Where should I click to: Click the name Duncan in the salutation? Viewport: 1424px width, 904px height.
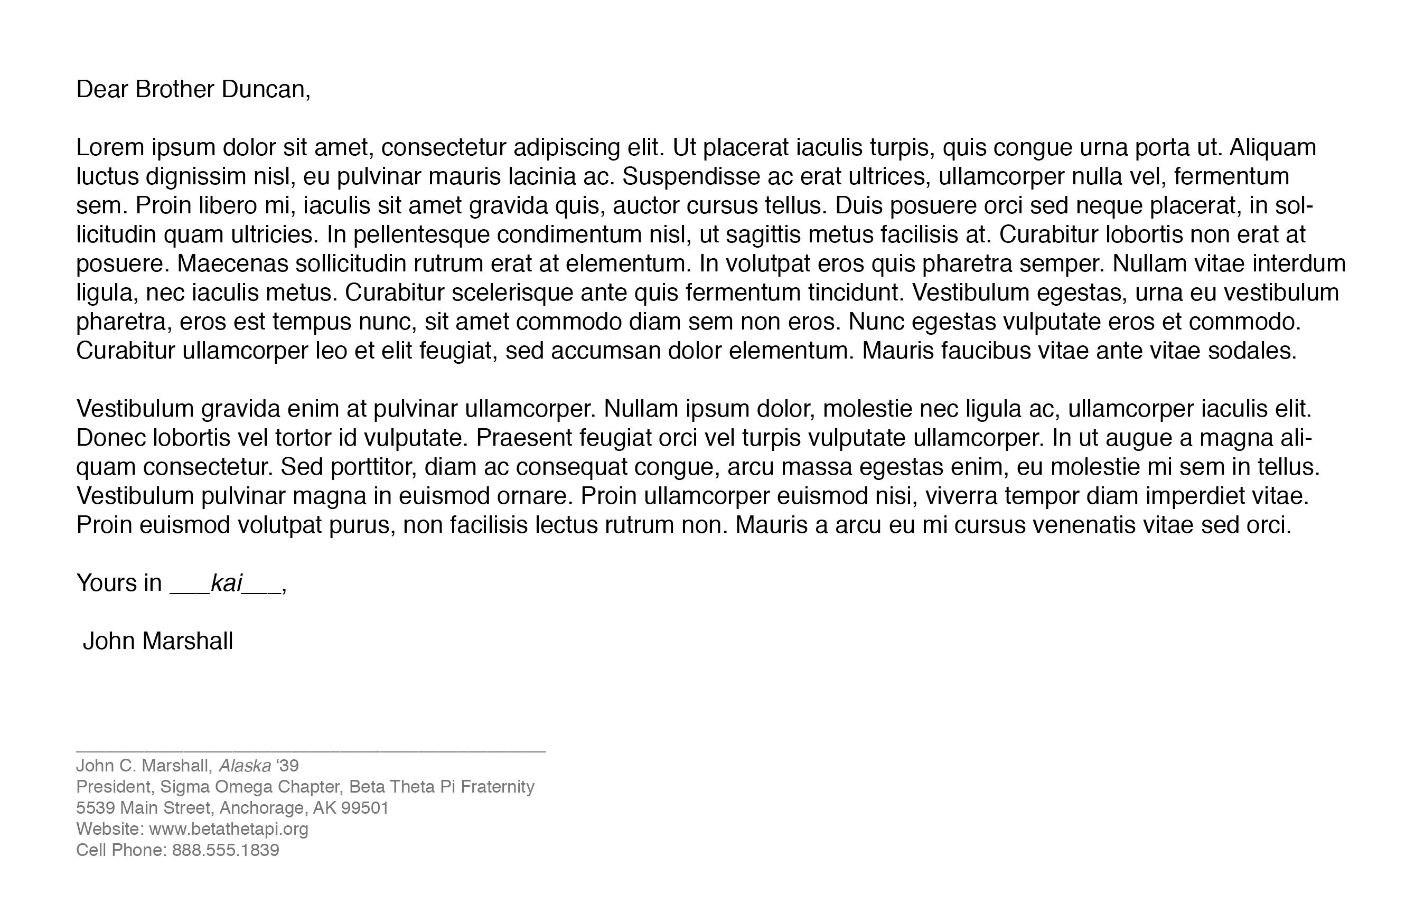coord(265,89)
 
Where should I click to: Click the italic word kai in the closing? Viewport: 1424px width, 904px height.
coord(227,583)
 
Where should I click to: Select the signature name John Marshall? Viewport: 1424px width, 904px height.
coord(158,641)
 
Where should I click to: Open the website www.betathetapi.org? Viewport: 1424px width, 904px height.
coord(228,828)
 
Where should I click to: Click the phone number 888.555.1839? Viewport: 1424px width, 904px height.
coord(226,850)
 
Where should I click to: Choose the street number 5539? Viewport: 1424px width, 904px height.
coord(95,807)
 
